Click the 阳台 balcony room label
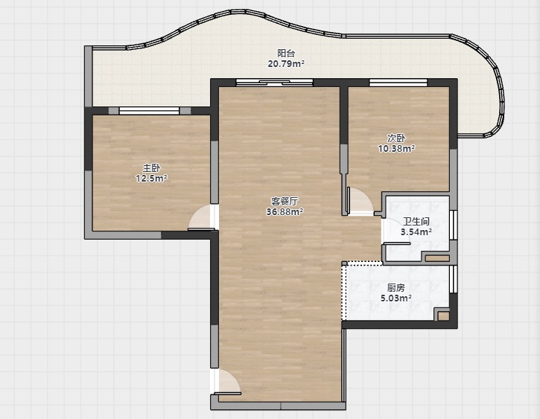click(286, 54)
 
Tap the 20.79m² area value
click(286, 64)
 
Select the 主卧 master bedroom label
click(151, 168)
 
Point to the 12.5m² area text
click(151, 179)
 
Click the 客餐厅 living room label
click(285, 201)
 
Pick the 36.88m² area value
click(285, 211)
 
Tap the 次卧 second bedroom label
click(396, 138)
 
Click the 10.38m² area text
click(396, 149)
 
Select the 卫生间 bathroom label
click(416, 222)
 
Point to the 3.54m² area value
click(416, 232)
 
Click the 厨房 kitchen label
click(396, 287)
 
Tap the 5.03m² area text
click(396, 298)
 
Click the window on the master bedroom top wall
click(149, 110)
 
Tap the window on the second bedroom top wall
click(398, 83)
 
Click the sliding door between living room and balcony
click(275, 83)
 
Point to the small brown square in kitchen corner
click(444, 316)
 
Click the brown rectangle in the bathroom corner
click(437, 258)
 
